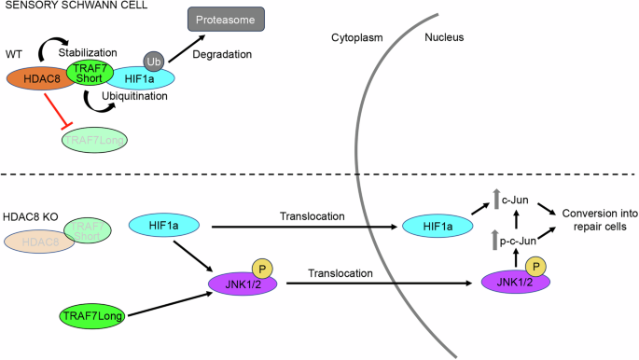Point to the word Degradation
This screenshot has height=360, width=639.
(x=222, y=55)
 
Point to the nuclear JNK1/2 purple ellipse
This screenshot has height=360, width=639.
(x=512, y=280)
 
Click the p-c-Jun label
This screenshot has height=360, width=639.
(x=519, y=241)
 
